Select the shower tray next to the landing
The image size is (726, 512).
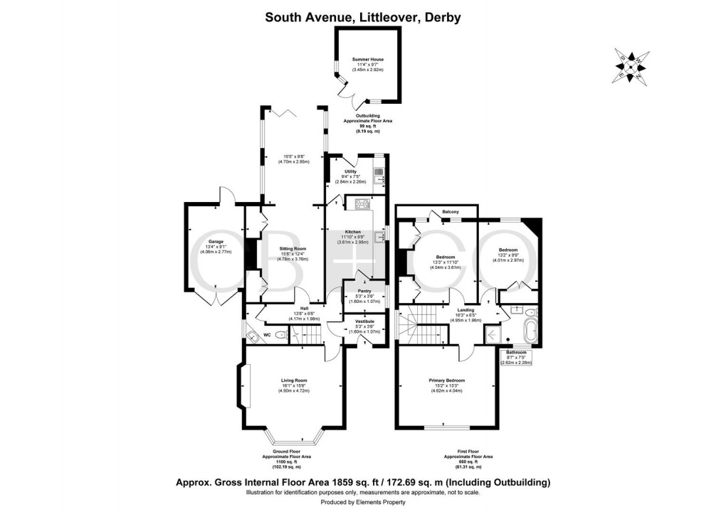coord(493,333)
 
